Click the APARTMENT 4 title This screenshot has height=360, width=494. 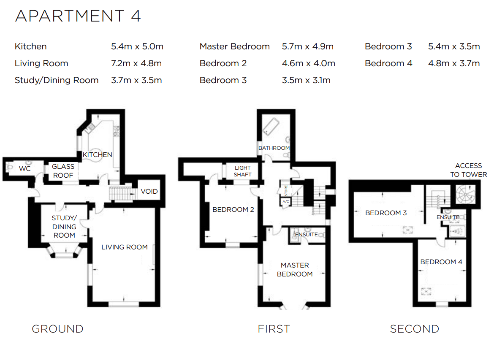(78, 16)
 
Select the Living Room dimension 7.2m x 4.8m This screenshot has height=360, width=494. (136, 63)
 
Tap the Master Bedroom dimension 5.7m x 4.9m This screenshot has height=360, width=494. (308, 46)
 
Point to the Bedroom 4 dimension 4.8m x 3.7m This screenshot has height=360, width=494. (454, 63)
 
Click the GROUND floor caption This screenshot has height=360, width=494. (57, 329)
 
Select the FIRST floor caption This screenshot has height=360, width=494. (274, 329)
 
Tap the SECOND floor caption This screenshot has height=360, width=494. (414, 329)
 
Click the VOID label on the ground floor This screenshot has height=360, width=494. (149, 191)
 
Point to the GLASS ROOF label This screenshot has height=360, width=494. (63, 171)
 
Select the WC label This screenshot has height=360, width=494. (25, 168)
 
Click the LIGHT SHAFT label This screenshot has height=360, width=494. (243, 171)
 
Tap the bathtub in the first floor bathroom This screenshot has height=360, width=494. (270, 126)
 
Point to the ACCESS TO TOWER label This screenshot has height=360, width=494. (468, 170)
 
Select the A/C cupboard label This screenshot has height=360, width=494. (285, 202)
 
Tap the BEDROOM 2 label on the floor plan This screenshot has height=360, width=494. (233, 209)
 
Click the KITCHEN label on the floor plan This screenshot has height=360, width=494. (98, 154)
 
